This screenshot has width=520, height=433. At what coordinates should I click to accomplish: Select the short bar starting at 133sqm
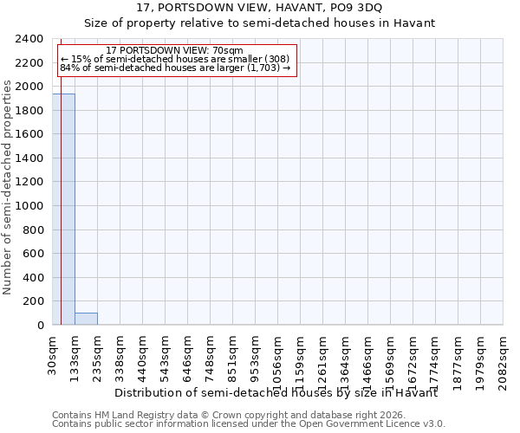86,319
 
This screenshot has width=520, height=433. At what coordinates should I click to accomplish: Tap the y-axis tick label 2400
29,40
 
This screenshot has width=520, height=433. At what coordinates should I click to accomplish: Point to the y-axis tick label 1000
29,206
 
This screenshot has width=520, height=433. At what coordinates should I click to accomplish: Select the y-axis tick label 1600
29,135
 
